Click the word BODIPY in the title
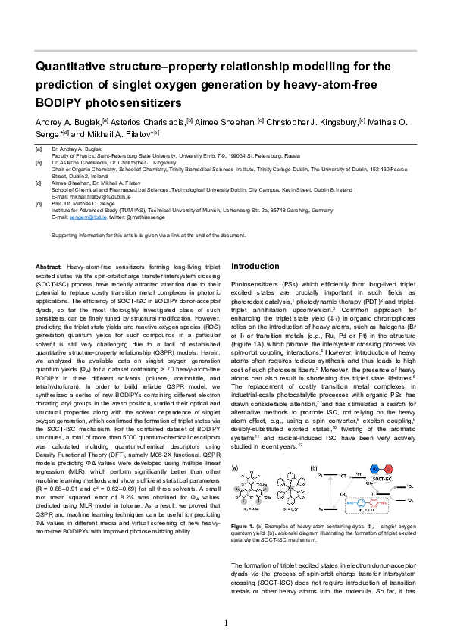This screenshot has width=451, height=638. (61, 102)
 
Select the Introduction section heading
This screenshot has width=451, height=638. (259, 267)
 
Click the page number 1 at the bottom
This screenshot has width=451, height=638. (225, 622)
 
